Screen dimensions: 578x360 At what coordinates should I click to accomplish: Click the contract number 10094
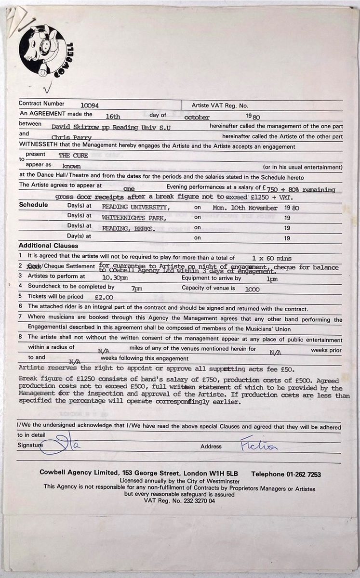tap(92, 105)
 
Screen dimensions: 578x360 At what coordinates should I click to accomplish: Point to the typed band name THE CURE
tap(73, 156)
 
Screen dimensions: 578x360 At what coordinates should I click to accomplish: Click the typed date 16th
tap(113, 116)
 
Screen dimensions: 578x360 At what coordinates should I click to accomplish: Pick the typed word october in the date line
tap(197, 117)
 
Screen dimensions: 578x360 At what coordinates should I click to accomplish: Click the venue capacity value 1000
tap(252, 289)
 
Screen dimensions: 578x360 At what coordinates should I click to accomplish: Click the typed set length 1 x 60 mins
tap(271, 259)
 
